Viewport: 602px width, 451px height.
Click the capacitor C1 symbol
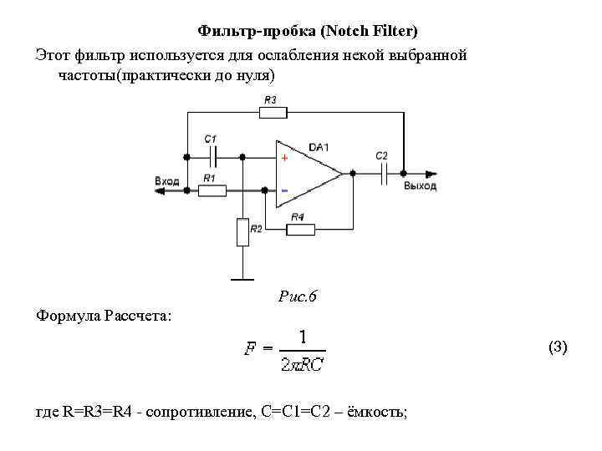click(215, 155)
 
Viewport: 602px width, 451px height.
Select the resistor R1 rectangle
click(212, 190)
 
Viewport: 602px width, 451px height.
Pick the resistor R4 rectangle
click(298, 228)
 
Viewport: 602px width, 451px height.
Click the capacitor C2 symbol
click(384, 173)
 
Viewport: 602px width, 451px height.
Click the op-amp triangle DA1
click(305, 173)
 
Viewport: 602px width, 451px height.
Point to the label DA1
click(318, 147)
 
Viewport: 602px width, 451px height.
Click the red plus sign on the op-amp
click(284, 157)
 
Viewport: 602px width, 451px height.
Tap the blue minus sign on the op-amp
click(284, 191)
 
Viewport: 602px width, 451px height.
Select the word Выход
click(420, 185)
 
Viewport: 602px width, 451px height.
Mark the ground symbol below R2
click(242, 278)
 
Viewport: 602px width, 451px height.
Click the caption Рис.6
click(296, 296)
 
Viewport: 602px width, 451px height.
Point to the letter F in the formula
click(249, 350)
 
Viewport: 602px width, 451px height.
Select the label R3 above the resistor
click(269, 99)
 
